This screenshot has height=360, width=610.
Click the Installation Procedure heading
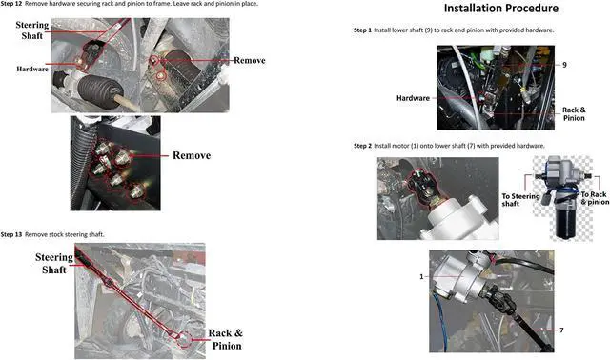(x=501, y=9)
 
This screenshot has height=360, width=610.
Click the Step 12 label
(x=11, y=4)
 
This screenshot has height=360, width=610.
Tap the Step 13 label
(x=11, y=234)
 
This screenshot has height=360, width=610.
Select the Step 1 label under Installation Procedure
(x=362, y=30)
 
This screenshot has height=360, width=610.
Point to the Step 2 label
(x=362, y=146)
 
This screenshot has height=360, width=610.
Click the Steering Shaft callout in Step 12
(x=32, y=30)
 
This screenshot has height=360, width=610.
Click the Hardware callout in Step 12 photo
(x=32, y=70)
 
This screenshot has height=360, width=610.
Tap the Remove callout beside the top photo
(x=250, y=60)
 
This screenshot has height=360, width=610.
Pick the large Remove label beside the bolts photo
(x=192, y=155)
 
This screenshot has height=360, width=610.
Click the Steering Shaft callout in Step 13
(x=54, y=263)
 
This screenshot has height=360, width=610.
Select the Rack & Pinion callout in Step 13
(x=226, y=339)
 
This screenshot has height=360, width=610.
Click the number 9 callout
(x=564, y=65)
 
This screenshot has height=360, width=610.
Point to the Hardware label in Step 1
(x=413, y=98)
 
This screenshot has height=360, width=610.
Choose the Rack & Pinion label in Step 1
(x=574, y=114)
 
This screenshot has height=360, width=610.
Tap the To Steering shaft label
(x=520, y=200)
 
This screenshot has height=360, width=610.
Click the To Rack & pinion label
(x=595, y=198)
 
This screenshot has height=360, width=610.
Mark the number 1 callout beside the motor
(x=421, y=277)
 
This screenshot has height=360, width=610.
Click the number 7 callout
(x=561, y=330)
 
